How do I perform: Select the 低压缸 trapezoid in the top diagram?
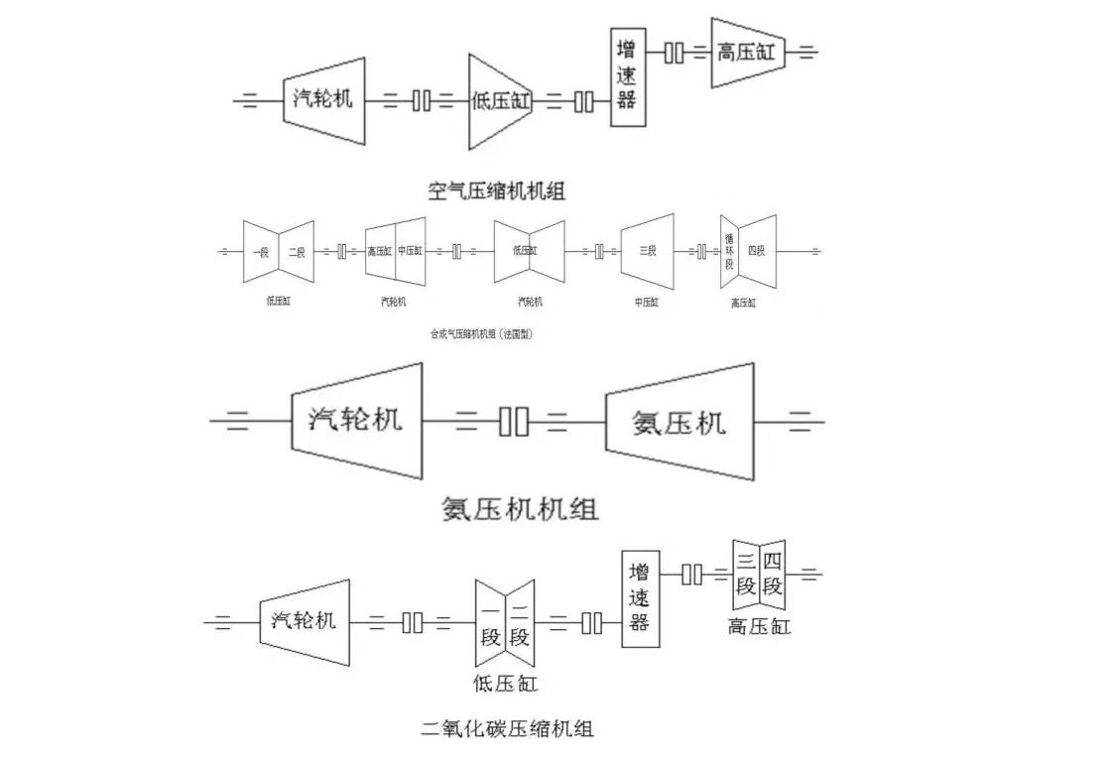click(x=501, y=100)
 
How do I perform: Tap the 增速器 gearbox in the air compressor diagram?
click(x=627, y=77)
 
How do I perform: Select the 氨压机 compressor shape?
click(x=679, y=423)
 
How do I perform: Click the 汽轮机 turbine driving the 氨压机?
click(x=356, y=420)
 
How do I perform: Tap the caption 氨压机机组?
click(x=520, y=510)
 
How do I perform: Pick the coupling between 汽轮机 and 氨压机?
click(x=513, y=422)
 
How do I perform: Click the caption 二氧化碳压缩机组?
click(x=507, y=729)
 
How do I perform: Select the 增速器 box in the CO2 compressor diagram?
click(x=640, y=598)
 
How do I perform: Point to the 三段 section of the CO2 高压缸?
click(x=746, y=574)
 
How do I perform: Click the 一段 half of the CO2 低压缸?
click(x=490, y=623)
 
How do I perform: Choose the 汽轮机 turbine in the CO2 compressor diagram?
click(x=305, y=621)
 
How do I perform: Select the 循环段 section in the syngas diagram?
click(x=730, y=252)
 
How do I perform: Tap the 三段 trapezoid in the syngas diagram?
click(x=647, y=252)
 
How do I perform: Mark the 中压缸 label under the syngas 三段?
click(x=646, y=302)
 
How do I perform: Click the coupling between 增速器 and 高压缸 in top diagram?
click(x=674, y=52)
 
